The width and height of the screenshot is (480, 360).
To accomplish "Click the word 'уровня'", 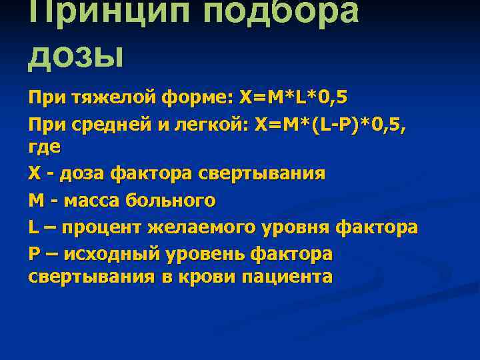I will point(290,227).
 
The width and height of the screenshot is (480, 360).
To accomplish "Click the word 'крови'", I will point(211,276).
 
